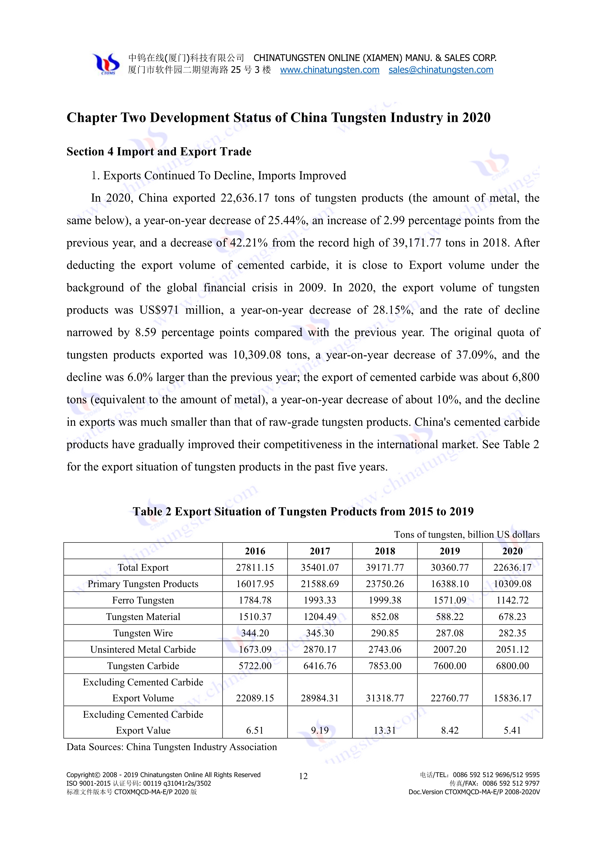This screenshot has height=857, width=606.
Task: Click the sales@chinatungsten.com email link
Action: (x=441, y=70)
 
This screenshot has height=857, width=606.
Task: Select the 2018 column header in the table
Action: (x=385, y=551)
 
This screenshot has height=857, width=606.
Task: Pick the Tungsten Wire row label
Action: (x=143, y=633)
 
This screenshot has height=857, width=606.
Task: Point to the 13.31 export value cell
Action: (x=385, y=730)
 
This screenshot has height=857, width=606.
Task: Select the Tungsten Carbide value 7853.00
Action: (x=385, y=666)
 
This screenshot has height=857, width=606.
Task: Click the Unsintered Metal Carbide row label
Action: (x=143, y=650)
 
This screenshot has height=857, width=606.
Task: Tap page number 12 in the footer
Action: (x=303, y=776)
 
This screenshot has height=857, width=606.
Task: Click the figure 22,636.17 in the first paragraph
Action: (x=245, y=198)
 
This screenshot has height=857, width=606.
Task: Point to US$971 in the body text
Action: (x=159, y=310)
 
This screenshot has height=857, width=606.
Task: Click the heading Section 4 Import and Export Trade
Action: (x=159, y=152)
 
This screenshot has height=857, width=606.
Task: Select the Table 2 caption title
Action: (x=303, y=511)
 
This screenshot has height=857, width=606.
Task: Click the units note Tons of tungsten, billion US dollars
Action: (x=466, y=534)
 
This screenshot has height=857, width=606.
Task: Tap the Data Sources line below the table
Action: (x=172, y=747)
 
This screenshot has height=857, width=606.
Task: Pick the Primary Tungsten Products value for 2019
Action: (x=450, y=584)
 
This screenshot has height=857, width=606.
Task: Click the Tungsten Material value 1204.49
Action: (x=320, y=617)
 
